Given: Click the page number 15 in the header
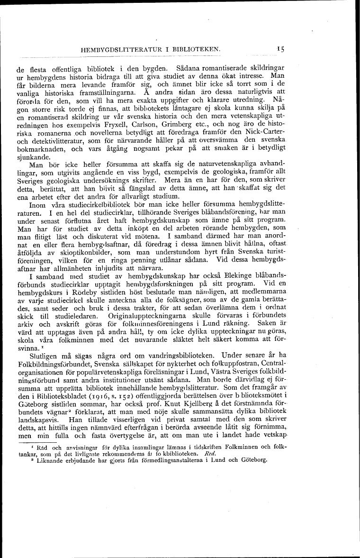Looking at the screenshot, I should point(280,48).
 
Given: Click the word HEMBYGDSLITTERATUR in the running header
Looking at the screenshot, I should point(115,49).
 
